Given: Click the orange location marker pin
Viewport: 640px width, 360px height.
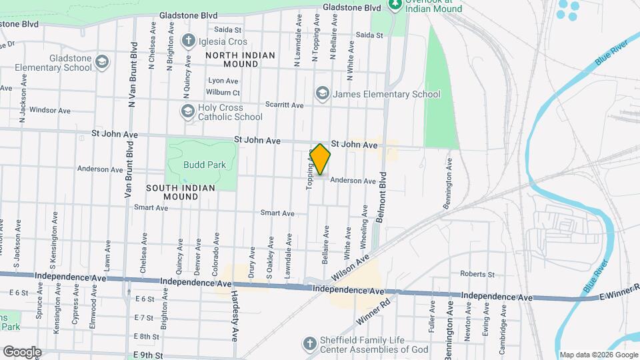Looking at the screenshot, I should coord(320,159).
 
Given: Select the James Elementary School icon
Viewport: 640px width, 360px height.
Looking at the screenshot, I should coord(323,93).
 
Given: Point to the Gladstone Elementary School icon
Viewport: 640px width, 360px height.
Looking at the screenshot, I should coord(101,63).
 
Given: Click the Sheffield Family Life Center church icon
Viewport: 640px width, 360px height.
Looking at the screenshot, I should coord(308,344).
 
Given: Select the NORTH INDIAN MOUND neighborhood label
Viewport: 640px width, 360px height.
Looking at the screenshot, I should coord(231,59).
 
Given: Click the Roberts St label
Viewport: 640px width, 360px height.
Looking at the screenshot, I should coord(477,274).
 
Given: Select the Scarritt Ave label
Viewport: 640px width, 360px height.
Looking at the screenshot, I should coord(284,105).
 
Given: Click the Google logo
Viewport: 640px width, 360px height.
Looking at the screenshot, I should coord(21,351).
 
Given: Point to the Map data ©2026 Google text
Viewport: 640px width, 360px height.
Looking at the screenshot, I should coord(597,355).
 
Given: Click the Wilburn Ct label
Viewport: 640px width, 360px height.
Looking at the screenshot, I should coord(223,92).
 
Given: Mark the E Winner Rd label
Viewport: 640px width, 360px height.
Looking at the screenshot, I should coord(619,291).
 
